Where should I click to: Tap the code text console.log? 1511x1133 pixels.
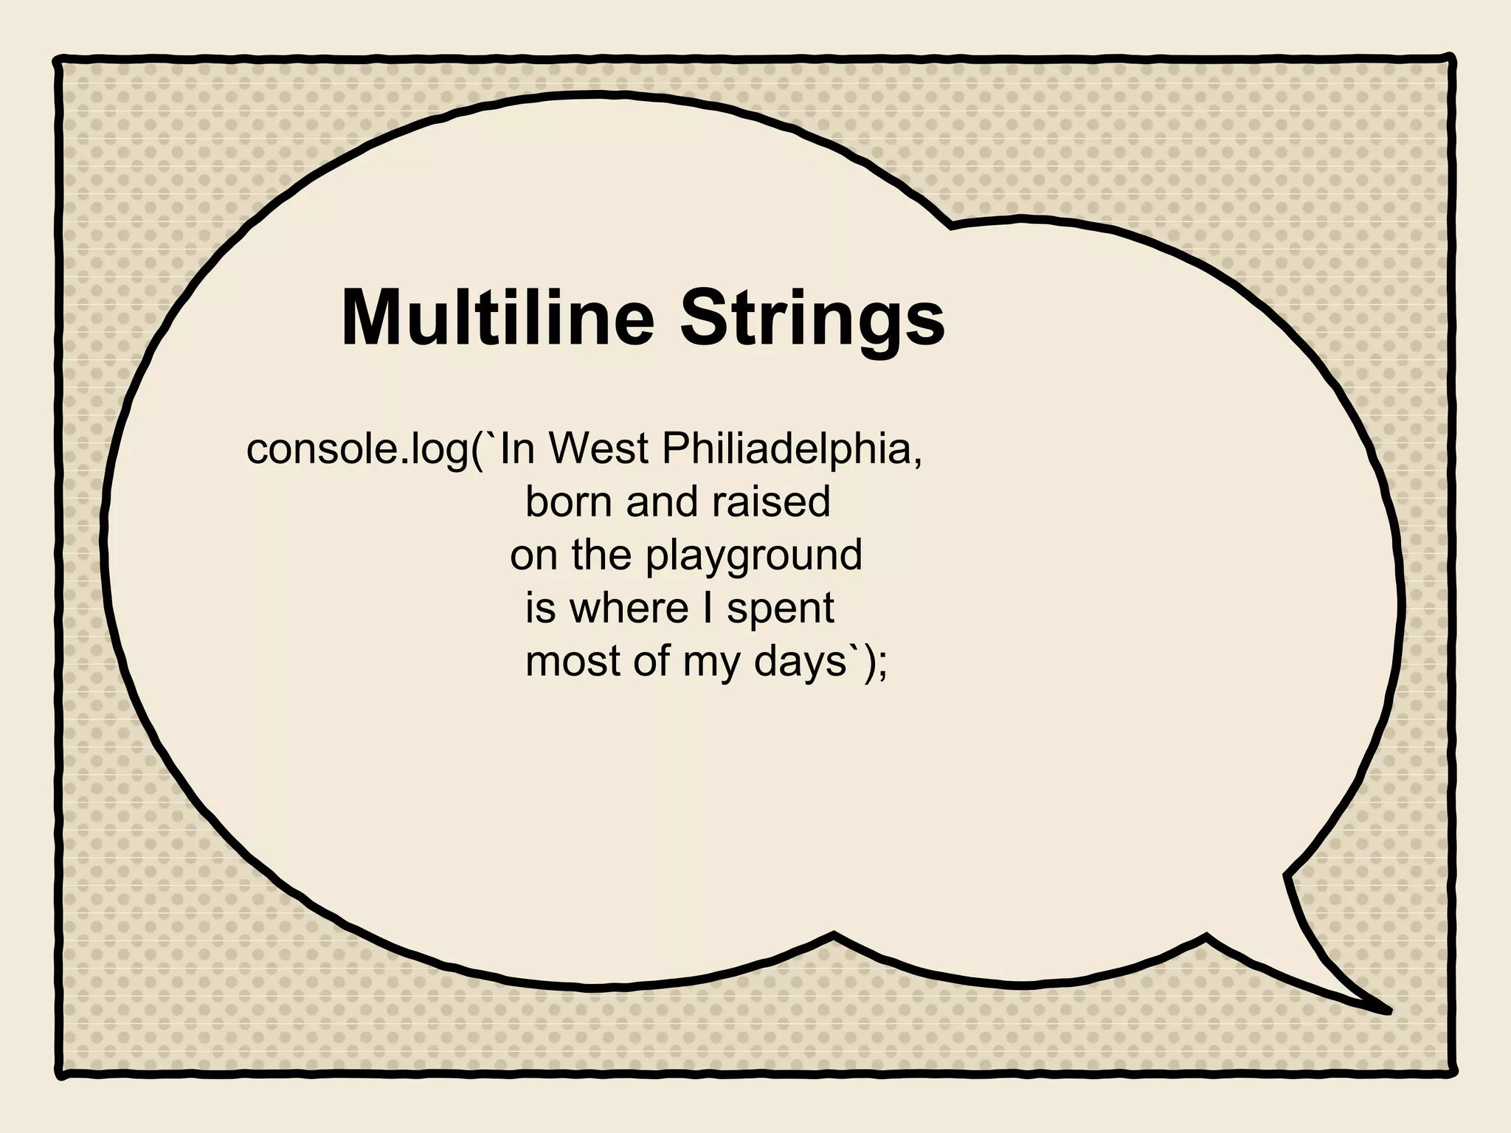(357, 450)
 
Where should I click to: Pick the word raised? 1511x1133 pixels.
(771, 502)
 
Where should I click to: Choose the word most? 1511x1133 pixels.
(573, 662)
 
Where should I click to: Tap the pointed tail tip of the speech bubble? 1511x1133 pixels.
(1387, 1011)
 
